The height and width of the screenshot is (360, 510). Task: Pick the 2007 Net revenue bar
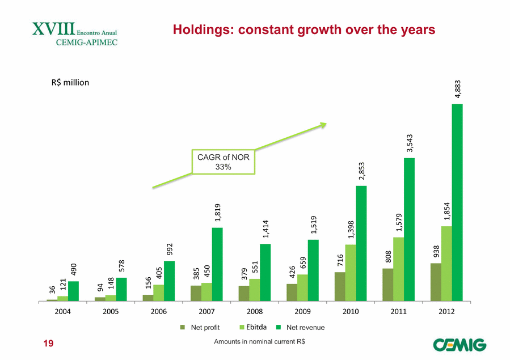pyautogui.click(x=217, y=264)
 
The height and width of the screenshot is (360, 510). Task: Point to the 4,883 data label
pyautogui.click(x=457, y=90)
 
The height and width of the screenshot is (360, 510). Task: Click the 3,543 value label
pyautogui.click(x=409, y=144)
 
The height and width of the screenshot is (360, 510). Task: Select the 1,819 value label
pyautogui.click(x=217, y=214)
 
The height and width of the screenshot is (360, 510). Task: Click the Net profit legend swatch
pyautogui.click(x=183, y=327)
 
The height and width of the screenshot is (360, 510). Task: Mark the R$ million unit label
pyautogui.click(x=70, y=83)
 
